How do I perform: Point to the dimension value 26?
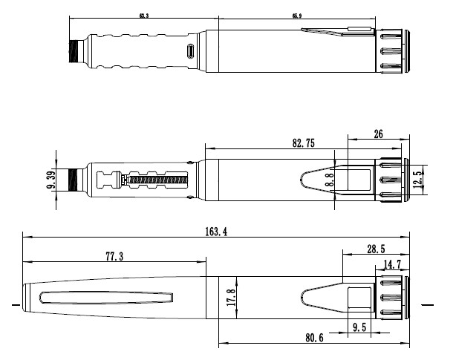[x=378, y=134]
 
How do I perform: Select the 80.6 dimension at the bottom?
[x=314, y=338]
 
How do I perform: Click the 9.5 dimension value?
[x=359, y=326]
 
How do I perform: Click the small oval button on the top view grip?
[x=191, y=51]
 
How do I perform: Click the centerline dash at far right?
[x=426, y=304]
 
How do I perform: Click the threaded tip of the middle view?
[x=73, y=179]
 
